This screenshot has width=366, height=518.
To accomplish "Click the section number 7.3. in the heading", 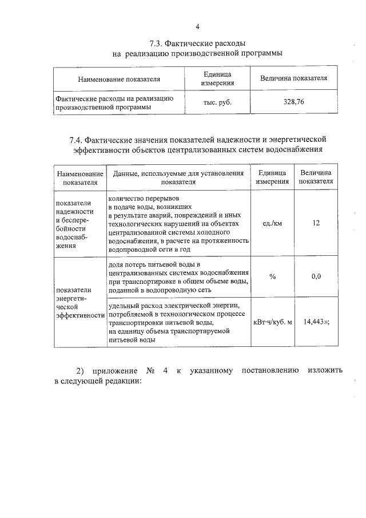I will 157,44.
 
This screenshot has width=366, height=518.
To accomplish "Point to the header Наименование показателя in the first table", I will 119,79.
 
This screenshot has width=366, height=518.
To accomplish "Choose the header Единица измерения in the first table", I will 218,78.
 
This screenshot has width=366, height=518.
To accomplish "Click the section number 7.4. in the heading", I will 77,140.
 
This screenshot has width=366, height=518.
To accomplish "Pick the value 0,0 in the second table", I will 316,276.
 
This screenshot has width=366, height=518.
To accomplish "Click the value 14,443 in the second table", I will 315,322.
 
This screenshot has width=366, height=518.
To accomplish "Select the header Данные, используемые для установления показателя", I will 178,177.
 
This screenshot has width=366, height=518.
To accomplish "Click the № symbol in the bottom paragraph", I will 152,370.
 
